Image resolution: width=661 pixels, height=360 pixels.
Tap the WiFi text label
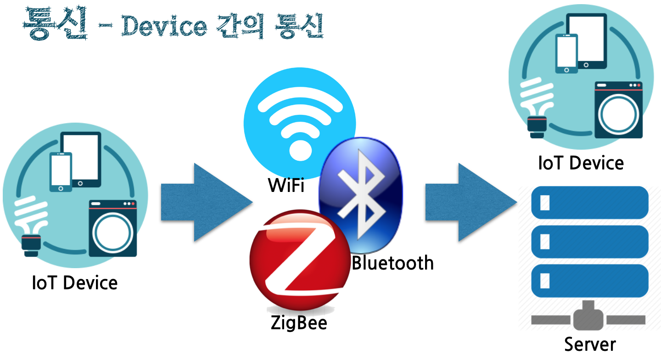click(x=286, y=186)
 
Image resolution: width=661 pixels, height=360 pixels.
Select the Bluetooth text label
click(x=392, y=263)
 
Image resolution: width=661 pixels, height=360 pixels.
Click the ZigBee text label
click(x=299, y=322)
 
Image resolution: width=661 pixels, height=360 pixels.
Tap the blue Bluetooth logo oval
click(x=361, y=193)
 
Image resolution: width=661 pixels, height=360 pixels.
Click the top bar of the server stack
click(x=589, y=202)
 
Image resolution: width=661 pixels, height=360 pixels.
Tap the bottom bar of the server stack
click(x=589, y=281)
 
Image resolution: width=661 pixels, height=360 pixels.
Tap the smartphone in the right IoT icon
click(x=566, y=53)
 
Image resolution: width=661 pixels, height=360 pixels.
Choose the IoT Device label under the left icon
click(x=75, y=283)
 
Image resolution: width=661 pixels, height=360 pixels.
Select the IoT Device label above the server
click(x=581, y=163)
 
